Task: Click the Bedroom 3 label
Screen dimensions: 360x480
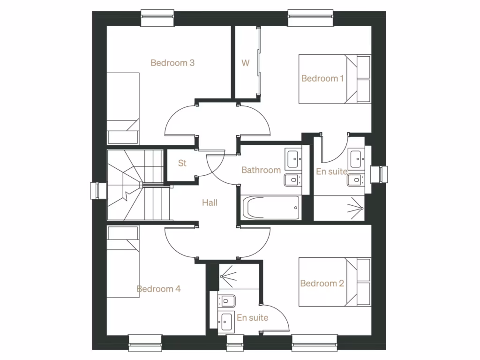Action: [172, 63]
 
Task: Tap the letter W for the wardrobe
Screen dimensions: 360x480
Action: [245, 63]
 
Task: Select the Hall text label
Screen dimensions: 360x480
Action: [210, 203]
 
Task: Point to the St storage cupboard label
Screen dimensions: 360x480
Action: [182, 163]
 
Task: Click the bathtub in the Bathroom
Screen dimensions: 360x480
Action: [271, 207]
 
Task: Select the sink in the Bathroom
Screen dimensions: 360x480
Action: [293, 159]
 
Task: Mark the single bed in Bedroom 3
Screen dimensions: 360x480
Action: [123, 108]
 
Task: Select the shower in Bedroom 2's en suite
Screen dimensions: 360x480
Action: [232, 277]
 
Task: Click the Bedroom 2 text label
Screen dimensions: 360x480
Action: [322, 283]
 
